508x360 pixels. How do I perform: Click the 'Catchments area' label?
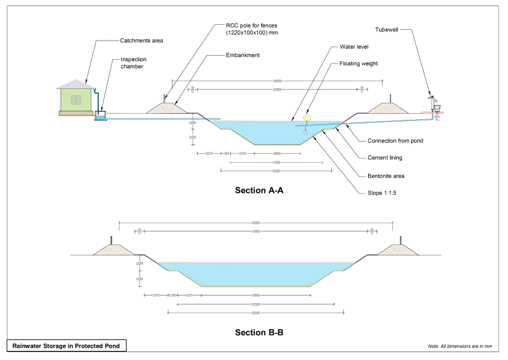[142, 41]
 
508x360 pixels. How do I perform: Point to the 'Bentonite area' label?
[386, 176]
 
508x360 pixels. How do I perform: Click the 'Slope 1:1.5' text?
[381, 193]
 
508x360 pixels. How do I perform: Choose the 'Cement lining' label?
[384, 158]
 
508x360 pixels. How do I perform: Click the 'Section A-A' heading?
[259, 191]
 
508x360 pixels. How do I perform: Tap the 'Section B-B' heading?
[259, 332]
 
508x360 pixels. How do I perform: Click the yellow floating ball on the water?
[306, 117]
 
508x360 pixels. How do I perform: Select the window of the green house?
[76, 99]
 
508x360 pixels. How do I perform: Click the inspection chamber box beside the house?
[101, 115]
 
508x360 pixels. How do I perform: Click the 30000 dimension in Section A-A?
[277, 80]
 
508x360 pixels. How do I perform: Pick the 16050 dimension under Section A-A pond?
[276, 171]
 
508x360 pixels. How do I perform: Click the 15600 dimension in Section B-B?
[256, 295]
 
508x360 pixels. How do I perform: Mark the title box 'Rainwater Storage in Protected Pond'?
[67, 346]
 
